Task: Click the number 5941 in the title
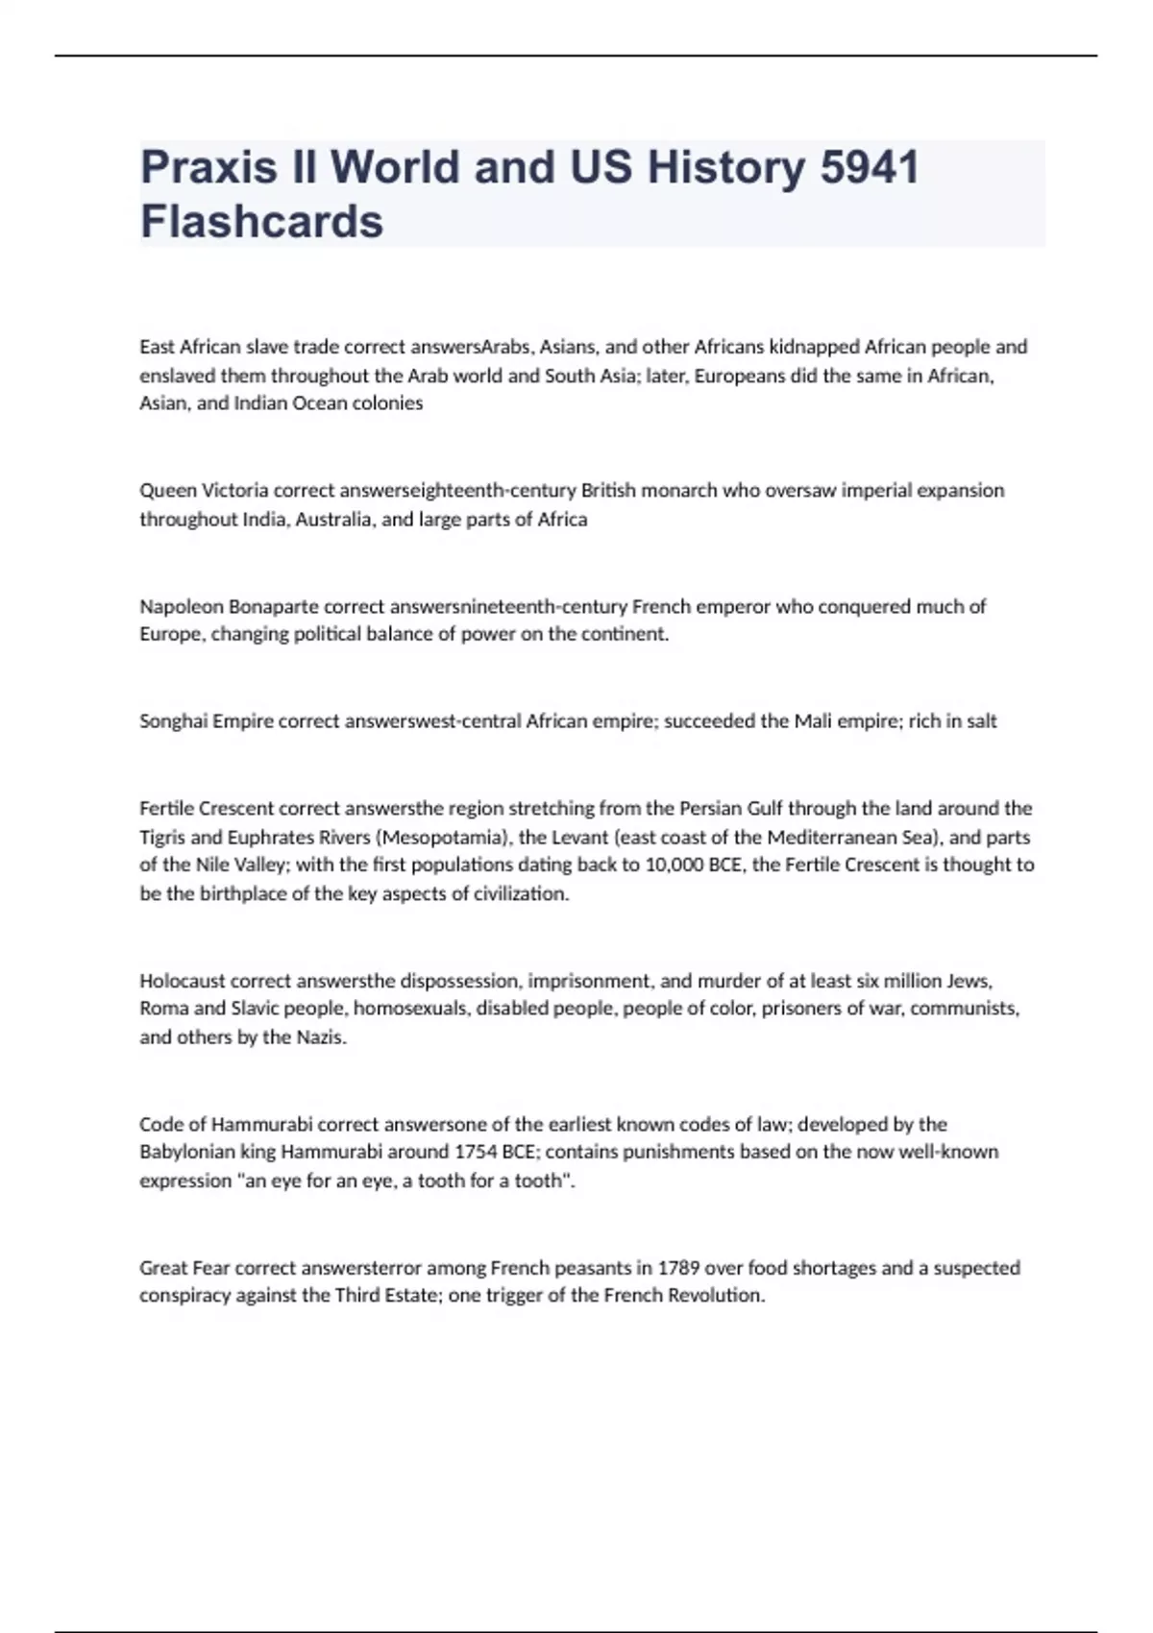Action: (x=869, y=167)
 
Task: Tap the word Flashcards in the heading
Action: (x=261, y=222)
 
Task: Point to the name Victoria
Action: (x=236, y=491)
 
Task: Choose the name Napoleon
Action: (x=180, y=607)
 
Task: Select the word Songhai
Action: (x=173, y=721)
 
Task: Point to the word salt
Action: (x=979, y=721)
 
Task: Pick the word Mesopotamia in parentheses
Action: (x=443, y=837)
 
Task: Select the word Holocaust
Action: (x=183, y=981)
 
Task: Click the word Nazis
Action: (x=319, y=1037)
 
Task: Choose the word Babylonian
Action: (x=187, y=1152)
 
